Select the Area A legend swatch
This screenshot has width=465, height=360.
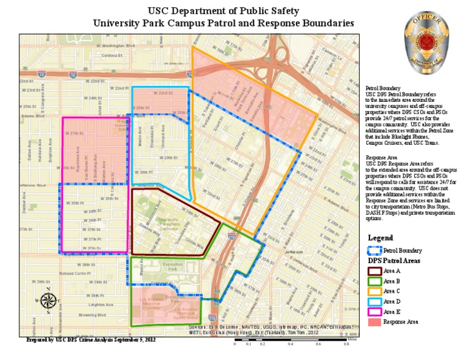point(375,271)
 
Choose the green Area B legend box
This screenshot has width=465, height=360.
point(375,281)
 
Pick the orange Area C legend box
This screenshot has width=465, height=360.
point(375,292)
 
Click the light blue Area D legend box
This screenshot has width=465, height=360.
point(375,301)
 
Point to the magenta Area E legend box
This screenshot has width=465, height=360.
point(375,312)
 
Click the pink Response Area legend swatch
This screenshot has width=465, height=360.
point(375,322)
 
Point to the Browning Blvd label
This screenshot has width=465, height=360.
point(93,315)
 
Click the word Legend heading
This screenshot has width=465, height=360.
point(380,238)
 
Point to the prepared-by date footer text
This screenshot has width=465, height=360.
point(91,341)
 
